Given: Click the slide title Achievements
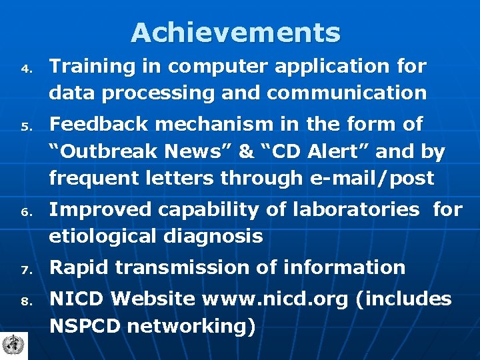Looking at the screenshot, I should tap(235, 32).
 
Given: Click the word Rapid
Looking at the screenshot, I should tap(78, 267).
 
